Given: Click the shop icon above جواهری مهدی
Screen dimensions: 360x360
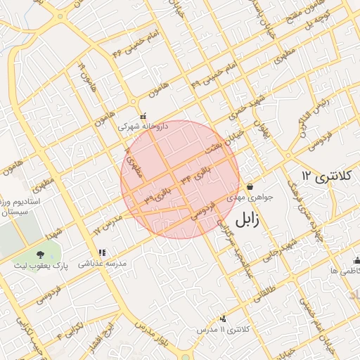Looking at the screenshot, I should point(250,187).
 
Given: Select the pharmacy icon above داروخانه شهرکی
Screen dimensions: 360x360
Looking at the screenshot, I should point(143,116).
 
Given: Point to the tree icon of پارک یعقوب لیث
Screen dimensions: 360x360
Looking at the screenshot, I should point(40,254).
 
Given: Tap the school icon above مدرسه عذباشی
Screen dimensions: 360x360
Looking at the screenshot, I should point(102,252).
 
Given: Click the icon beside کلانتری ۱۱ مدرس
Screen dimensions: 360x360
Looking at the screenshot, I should point(224,319).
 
